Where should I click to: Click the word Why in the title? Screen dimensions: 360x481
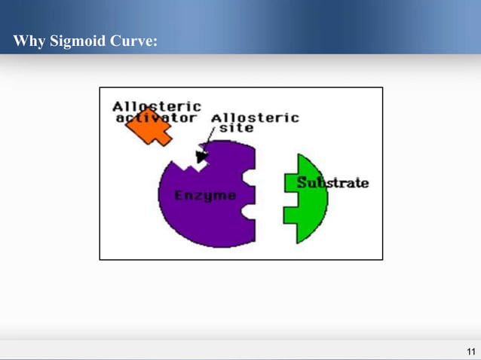click(x=29, y=41)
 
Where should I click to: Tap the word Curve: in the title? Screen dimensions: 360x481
click(x=134, y=41)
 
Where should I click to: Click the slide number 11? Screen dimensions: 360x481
click(x=470, y=352)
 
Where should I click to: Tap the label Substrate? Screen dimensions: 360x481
click(x=332, y=183)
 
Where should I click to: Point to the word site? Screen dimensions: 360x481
click(x=236, y=128)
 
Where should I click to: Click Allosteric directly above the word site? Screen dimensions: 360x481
click(x=254, y=117)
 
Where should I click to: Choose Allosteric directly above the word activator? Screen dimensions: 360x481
click(x=157, y=106)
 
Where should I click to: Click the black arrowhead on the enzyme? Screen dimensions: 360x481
click(x=201, y=157)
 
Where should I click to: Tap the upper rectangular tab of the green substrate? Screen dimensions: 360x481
click(x=291, y=182)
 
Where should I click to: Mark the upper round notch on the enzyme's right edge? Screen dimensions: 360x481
click(x=250, y=177)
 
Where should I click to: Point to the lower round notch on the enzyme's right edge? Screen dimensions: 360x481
click(x=249, y=213)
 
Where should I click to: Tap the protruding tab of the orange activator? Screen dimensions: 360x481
click(x=162, y=137)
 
